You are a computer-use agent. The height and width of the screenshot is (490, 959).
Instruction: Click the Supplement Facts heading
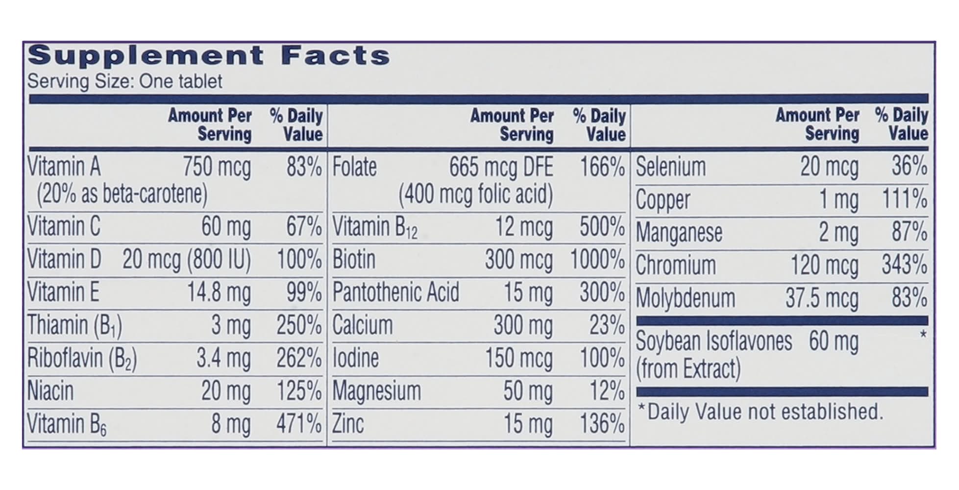209,55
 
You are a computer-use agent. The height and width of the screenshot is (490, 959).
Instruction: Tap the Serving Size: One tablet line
124,81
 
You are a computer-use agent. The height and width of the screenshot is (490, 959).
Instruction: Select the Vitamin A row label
64,167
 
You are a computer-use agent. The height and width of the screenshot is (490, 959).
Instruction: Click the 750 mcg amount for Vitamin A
217,167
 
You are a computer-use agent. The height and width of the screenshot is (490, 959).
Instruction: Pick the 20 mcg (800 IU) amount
186,260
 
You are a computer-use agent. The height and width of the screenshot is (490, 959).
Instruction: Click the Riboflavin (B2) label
82,358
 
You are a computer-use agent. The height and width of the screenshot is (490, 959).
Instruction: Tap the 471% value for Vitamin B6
299,424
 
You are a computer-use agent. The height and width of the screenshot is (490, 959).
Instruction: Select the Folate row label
355,167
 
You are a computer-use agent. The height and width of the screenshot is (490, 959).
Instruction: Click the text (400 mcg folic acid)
476,195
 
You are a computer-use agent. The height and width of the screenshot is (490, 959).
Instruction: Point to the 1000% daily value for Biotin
597,260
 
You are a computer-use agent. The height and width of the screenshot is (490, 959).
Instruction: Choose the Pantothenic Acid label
396,293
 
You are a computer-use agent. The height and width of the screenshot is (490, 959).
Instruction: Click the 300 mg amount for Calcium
523,325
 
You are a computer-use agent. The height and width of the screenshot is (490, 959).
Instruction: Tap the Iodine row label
356,358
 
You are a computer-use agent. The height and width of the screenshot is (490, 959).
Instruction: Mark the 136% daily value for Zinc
602,424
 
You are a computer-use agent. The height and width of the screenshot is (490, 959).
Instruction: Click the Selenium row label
671,167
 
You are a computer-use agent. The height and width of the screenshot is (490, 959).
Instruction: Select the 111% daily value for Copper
905,199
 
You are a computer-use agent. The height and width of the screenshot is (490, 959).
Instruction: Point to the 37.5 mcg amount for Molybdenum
822,298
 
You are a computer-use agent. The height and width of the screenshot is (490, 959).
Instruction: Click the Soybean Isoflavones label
713,342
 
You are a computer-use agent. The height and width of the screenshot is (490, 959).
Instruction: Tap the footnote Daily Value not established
761,412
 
